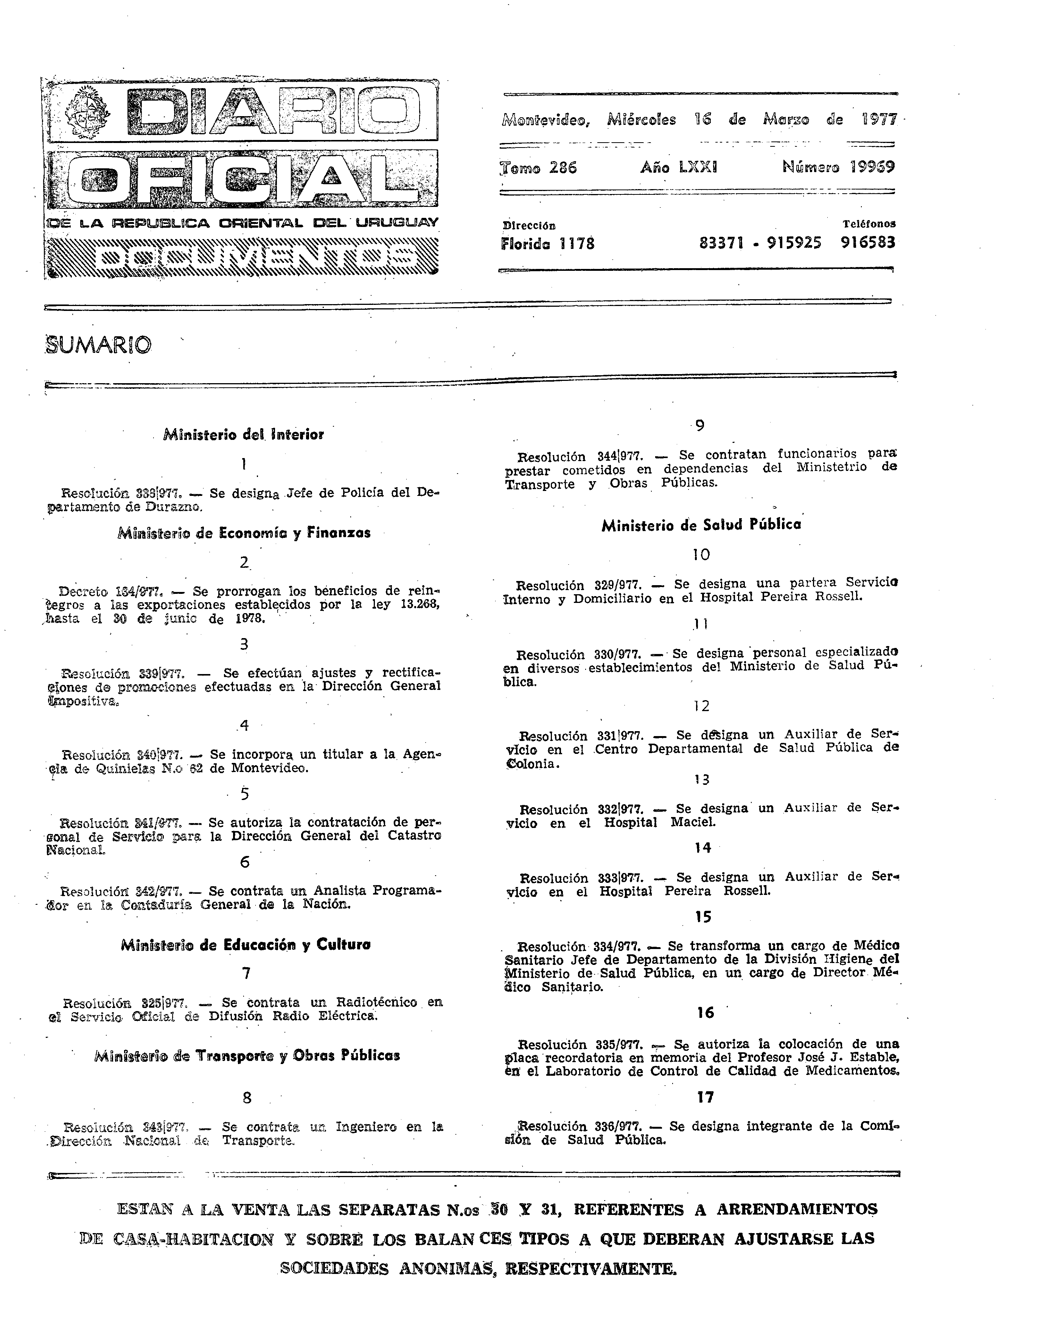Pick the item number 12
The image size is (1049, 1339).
click(x=701, y=706)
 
